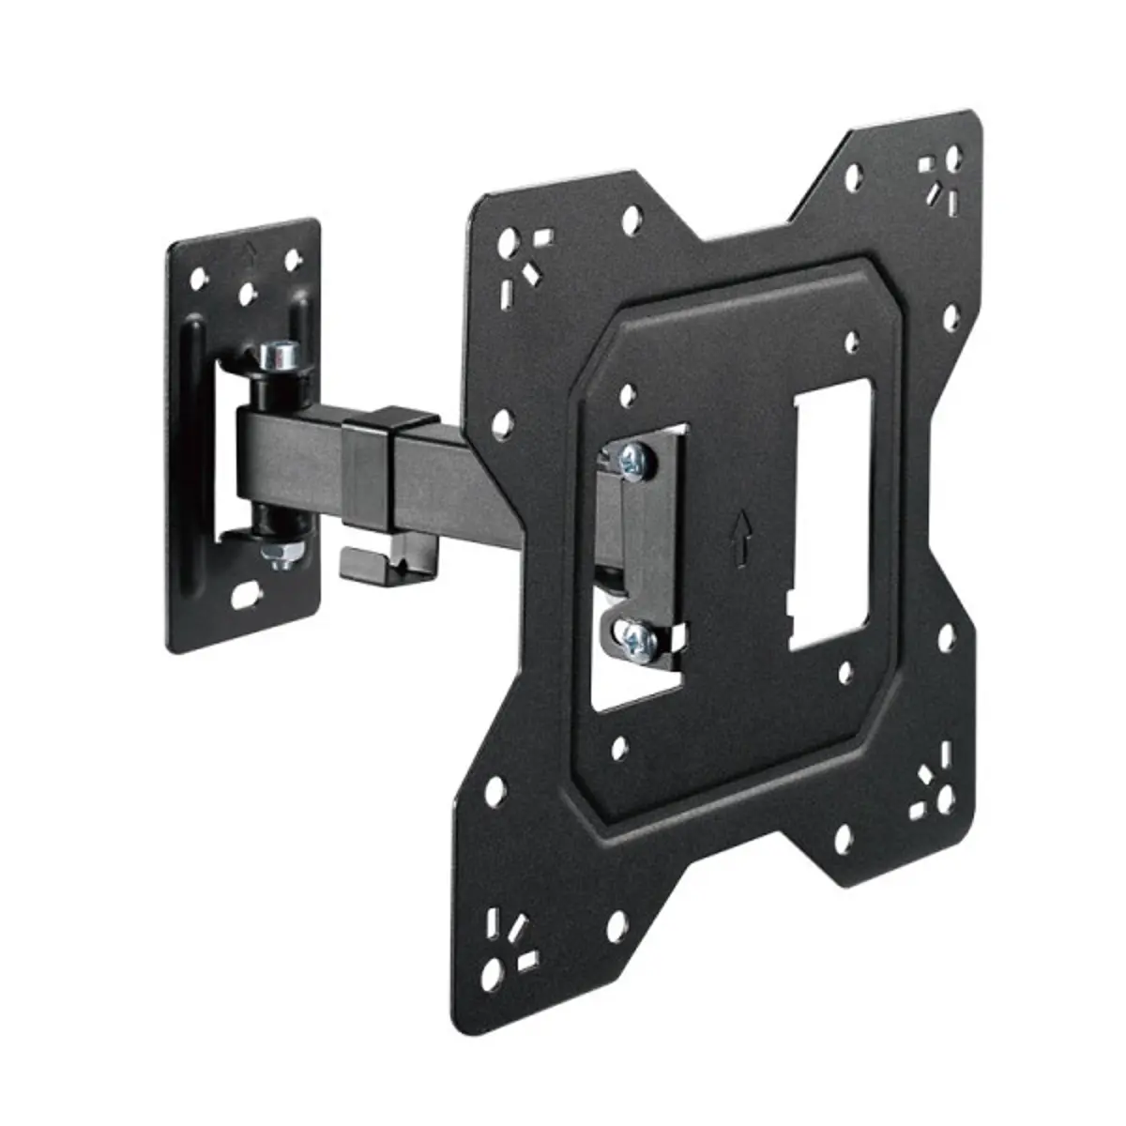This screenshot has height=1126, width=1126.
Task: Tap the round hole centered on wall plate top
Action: point(247,295)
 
